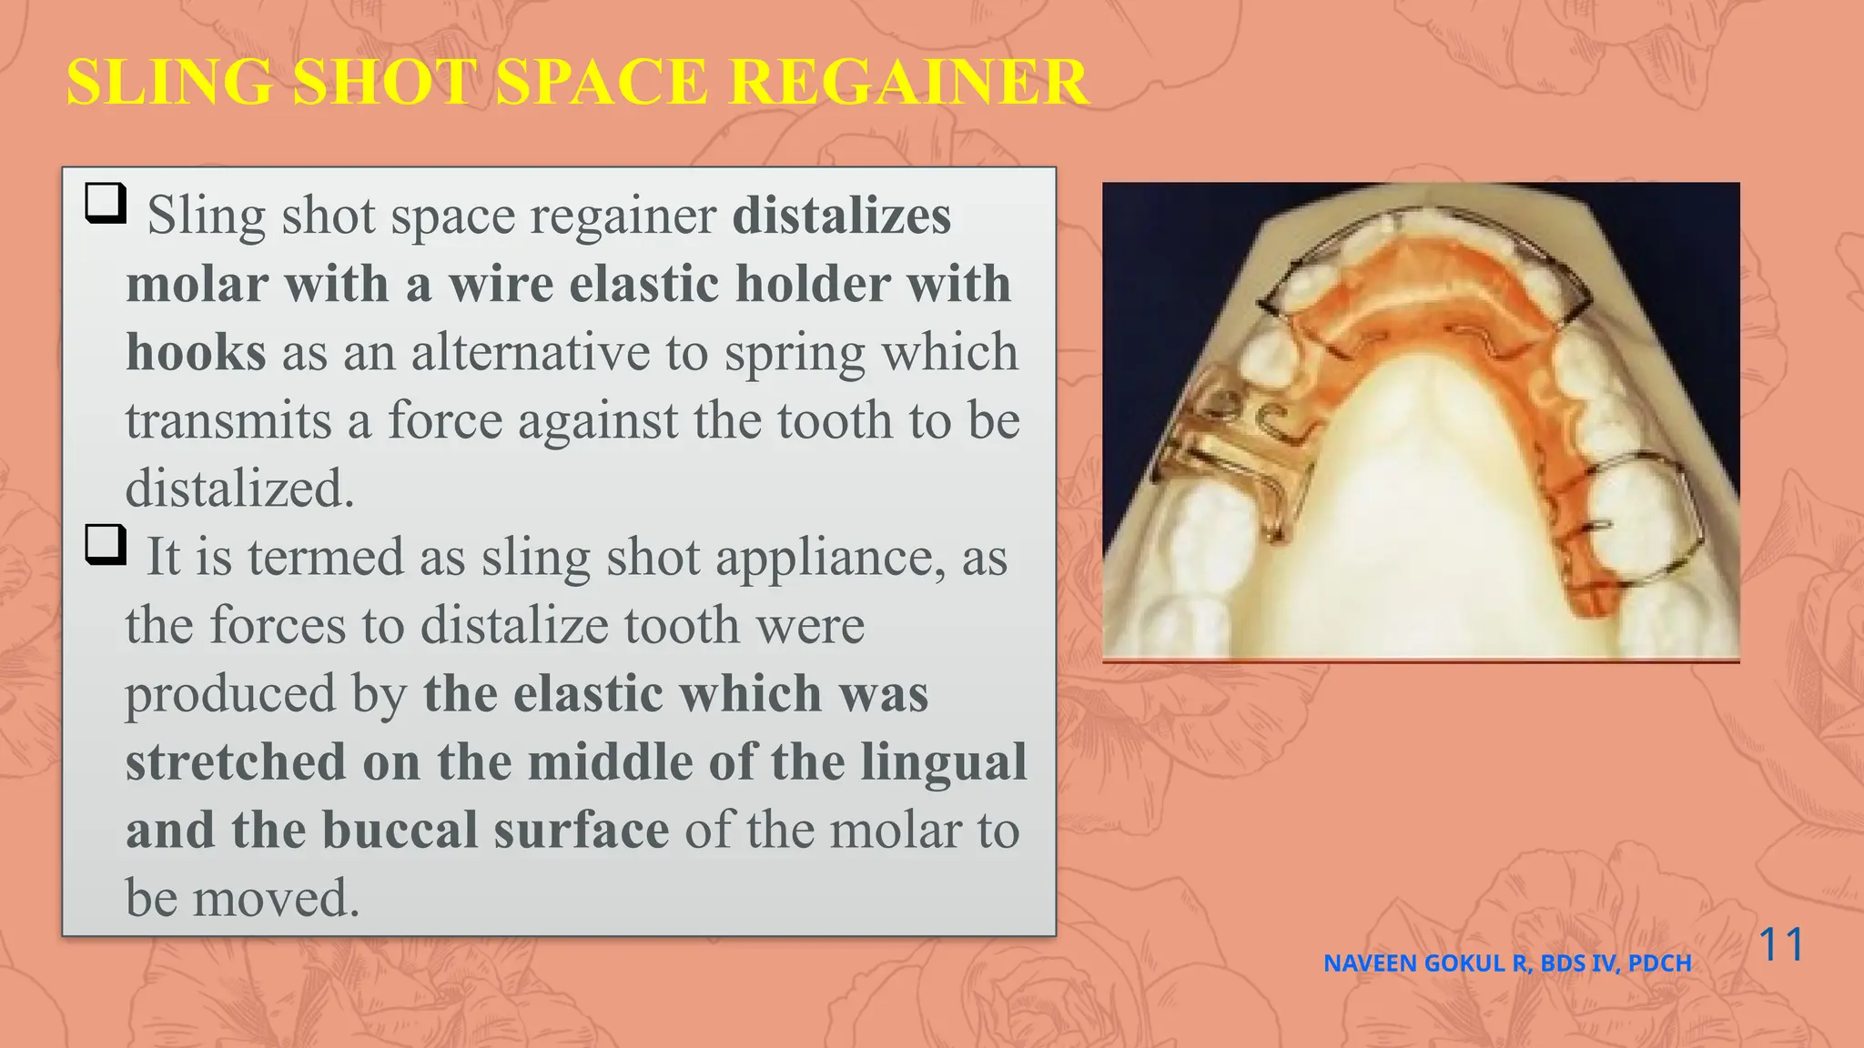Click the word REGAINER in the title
click(908, 82)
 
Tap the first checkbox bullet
click(105, 203)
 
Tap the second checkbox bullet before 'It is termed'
click(105, 544)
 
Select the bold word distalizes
click(842, 217)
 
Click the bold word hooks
click(196, 353)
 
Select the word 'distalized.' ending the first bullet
click(239, 489)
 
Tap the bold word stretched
click(236, 762)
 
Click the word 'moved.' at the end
click(277, 899)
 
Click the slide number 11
click(1781, 944)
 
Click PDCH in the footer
click(1659, 963)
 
